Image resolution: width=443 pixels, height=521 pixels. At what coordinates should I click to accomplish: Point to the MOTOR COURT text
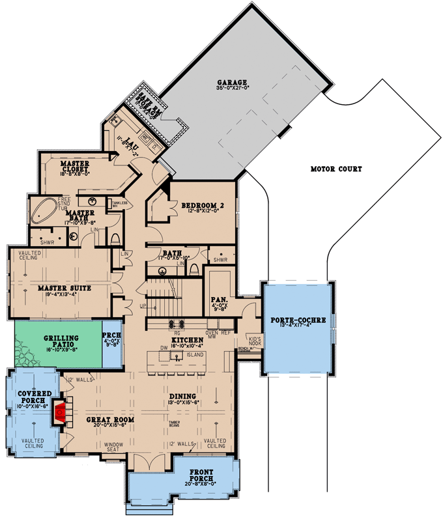(x=336, y=169)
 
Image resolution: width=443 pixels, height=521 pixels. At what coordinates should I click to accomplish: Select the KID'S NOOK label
(x=255, y=341)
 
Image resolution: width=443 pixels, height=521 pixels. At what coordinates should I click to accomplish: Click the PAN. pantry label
(x=218, y=301)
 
